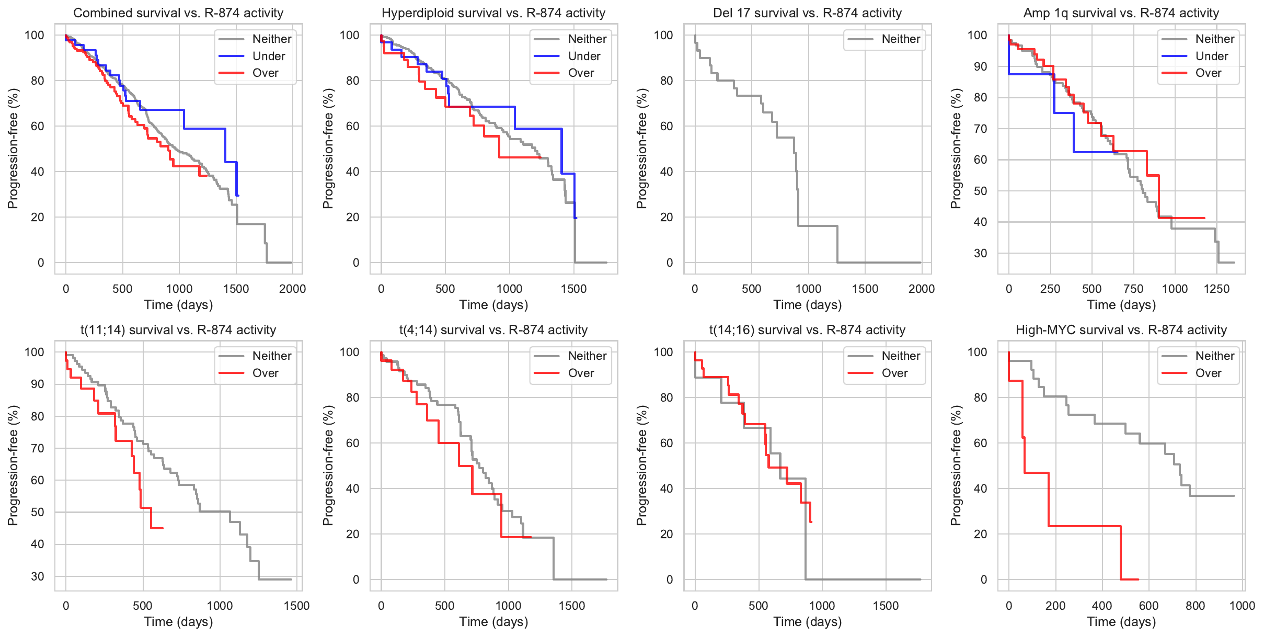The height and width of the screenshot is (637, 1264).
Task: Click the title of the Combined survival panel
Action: coord(178,13)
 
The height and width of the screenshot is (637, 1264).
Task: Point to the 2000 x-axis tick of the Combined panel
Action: coord(292,289)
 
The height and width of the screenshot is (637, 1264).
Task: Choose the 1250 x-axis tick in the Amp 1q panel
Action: coord(1216,289)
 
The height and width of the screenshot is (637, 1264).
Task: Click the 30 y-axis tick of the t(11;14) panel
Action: coord(38,576)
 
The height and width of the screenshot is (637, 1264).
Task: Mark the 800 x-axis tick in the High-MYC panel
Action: coord(1195,606)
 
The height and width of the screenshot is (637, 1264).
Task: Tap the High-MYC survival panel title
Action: coord(1121,330)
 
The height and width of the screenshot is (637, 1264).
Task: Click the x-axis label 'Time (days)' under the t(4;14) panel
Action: coord(493,622)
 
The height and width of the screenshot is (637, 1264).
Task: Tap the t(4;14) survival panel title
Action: coord(493,330)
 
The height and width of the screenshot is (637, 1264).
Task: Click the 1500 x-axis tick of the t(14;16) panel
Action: coord(886,606)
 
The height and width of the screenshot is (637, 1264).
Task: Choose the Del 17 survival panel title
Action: coord(807,13)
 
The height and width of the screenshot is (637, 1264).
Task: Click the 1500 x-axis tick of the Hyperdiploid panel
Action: coord(573,289)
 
